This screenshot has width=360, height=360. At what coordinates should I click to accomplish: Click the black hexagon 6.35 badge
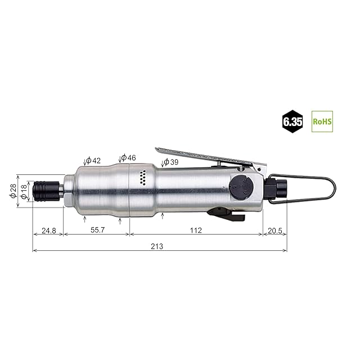292,121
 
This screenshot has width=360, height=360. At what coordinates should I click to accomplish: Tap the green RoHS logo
322,121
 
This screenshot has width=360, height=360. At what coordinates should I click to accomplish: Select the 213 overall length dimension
157,246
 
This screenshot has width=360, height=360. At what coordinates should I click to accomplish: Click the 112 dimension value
196,230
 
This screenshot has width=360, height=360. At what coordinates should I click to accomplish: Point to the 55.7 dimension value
97,230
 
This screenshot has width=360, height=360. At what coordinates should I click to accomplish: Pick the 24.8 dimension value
49,230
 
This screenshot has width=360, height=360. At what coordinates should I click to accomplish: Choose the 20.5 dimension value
275,230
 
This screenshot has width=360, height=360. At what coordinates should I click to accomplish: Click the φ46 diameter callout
128,157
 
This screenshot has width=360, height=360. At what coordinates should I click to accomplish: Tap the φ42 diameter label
93,160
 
